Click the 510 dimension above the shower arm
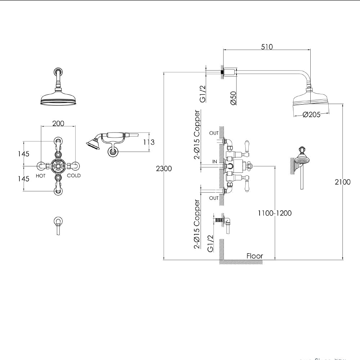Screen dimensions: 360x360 [x=267, y=46]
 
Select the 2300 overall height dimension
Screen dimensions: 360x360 [x=163, y=168]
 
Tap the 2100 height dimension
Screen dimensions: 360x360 [x=342, y=182]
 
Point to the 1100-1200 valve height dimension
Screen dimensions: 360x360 [x=274, y=213]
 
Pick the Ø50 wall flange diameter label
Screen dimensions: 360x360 [x=233, y=98]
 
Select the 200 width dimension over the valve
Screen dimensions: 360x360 [x=58, y=123]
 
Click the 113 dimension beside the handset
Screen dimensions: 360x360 [x=149, y=142]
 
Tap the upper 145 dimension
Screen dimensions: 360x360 [x=23, y=154]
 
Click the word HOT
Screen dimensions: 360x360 [x=41, y=176]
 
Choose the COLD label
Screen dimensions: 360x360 [x=74, y=176]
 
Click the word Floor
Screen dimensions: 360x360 [x=255, y=256]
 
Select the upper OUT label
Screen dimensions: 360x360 [x=214, y=133]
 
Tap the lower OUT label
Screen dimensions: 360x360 [x=214, y=198]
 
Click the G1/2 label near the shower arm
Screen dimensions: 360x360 [x=202, y=94]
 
